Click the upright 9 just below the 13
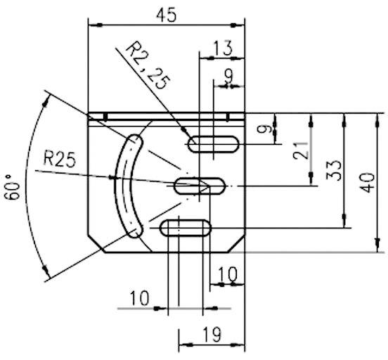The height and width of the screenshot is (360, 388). tap(226, 72)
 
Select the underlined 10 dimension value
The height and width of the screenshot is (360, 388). tap(139, 298)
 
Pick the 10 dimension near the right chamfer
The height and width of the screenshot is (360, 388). tap(226, 272)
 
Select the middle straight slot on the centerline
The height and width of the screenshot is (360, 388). tap(200, 186)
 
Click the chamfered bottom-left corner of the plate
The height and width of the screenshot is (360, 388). tap(95, 244)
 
